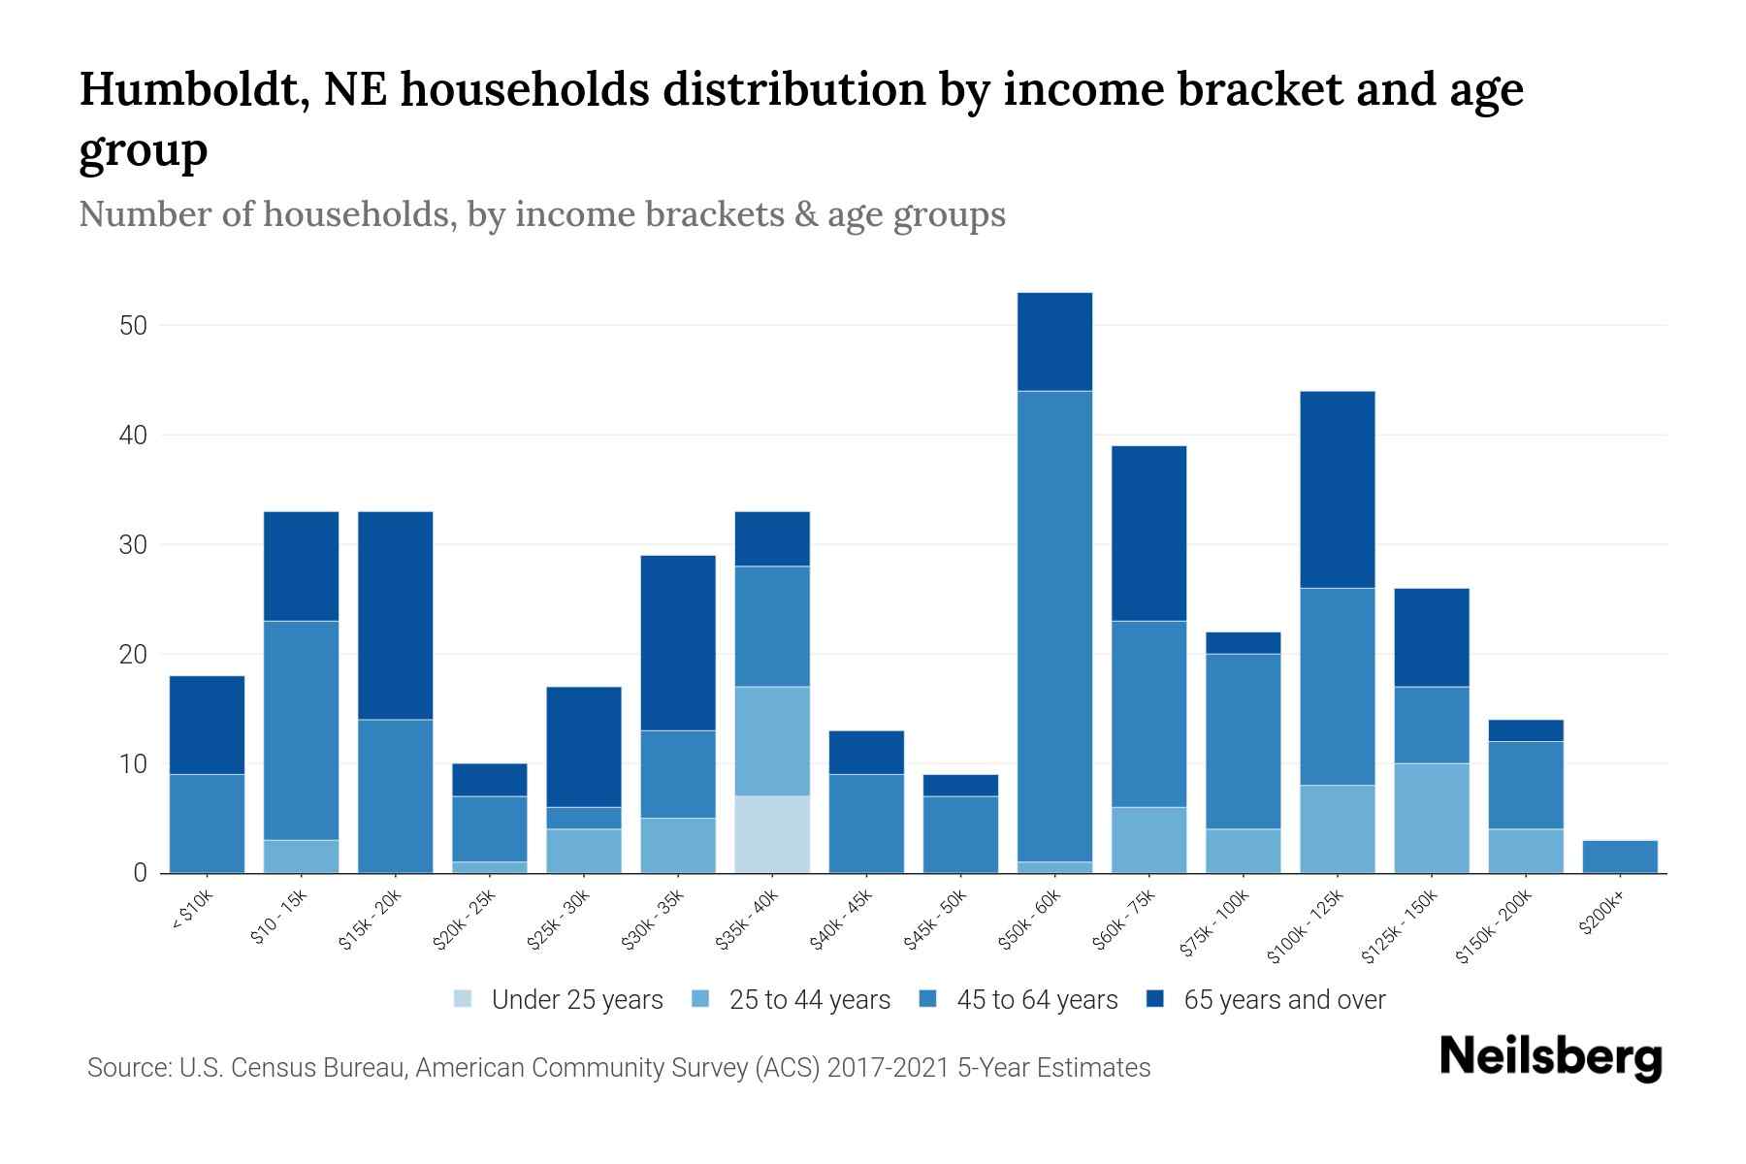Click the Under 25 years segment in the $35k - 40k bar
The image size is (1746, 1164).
(772, 834)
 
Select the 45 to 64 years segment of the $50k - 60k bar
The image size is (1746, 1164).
(1054, 626)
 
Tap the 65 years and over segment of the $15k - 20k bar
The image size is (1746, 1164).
(395, 615)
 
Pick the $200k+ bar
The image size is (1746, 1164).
(1620, 857)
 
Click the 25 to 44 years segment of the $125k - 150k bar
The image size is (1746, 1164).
(1431, 818)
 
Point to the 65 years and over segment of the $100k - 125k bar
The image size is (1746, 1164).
(1337, 490)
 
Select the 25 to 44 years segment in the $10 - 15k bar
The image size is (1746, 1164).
(301, 856)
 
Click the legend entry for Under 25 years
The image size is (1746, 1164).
(576, 1000)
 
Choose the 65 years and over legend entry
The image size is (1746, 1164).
(1283, 1000)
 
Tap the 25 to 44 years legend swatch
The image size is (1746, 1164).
(701, 999)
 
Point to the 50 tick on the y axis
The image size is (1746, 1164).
(133, 326)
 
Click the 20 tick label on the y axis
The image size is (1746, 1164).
(133, 655)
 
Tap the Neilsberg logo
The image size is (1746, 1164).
(1550, 1057)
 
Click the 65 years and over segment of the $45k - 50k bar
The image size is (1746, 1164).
(960, 785)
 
